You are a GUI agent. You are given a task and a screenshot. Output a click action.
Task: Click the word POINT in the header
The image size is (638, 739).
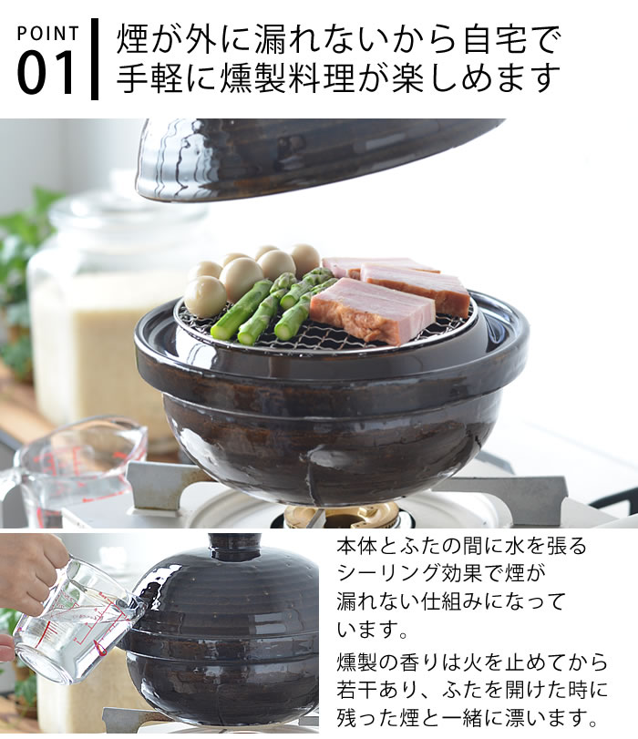48,34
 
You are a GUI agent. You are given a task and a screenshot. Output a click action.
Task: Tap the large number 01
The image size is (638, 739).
47,74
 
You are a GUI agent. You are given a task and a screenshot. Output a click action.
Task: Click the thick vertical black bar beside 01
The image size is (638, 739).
95,58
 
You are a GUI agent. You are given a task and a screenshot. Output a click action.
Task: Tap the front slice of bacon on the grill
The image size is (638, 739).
371,311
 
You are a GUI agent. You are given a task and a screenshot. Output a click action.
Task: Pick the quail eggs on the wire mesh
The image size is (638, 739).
242,273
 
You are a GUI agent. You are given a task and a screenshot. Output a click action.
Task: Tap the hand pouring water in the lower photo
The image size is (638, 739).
32,570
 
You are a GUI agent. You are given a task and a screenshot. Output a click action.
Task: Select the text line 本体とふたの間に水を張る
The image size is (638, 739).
461,547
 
